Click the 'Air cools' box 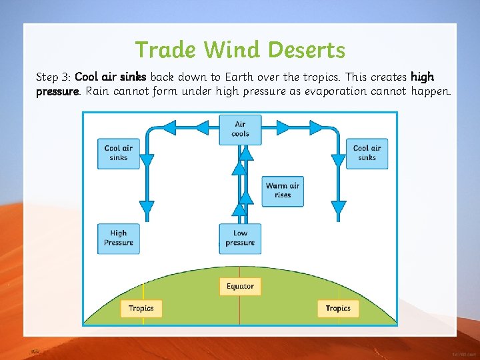click(x=240, y=129)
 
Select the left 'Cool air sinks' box click(x=119, y=153)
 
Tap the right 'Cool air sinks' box click(x=367, y=153)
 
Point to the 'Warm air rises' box click(x=283, y=191)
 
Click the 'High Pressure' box click(x=119, y=238)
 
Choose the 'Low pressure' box click(x=240, y=238)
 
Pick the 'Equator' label click(x=240, y=287)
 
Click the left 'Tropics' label click(x=141, y=308)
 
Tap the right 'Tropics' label click(x=338, y=308)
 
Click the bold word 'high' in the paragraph click(x=422, y=77)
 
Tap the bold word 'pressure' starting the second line click(x=57, y=91)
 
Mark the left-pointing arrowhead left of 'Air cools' click(x=169, y=126)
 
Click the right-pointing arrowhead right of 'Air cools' click(x=315, y=126)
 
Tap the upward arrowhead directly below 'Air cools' click(x=246, y=155)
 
